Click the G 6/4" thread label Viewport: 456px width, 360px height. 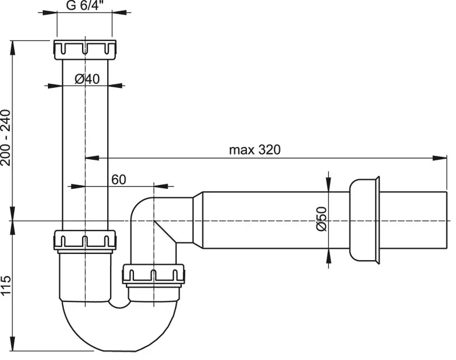85,5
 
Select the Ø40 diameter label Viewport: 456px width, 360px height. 87,79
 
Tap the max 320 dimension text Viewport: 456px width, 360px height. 255,150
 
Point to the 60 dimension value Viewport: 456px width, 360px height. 119,180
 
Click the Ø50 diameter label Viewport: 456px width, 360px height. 321,219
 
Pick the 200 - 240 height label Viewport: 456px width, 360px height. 6,137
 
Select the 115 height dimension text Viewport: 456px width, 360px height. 6,285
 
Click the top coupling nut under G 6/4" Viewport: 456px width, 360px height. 84,50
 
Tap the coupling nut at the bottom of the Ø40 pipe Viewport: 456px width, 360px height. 84,241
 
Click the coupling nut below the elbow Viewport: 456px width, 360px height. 153,275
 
